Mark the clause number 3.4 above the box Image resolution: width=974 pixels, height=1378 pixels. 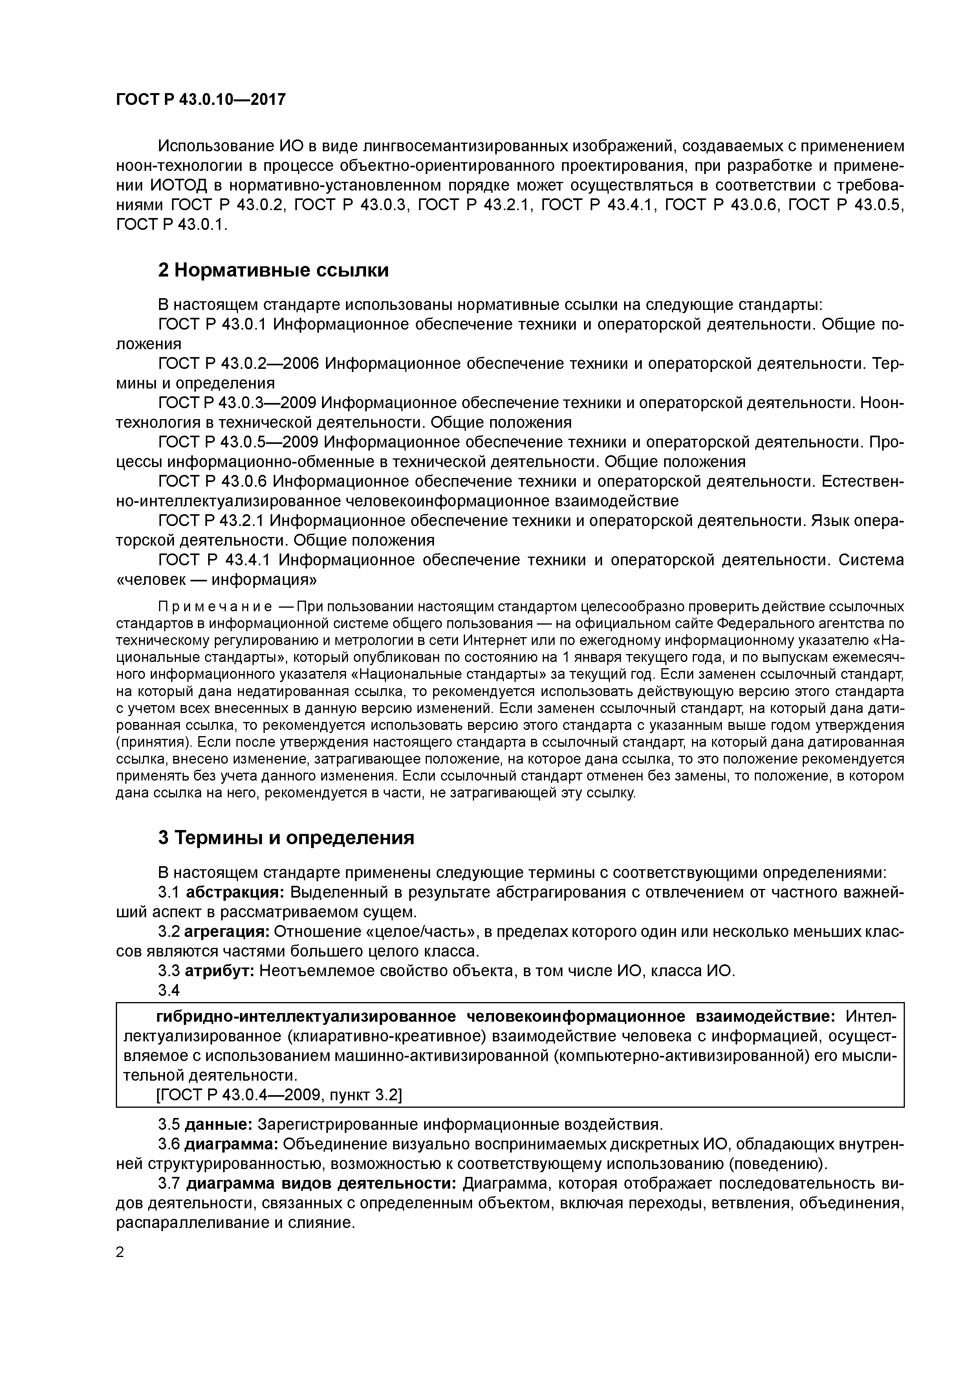(168, 990)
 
